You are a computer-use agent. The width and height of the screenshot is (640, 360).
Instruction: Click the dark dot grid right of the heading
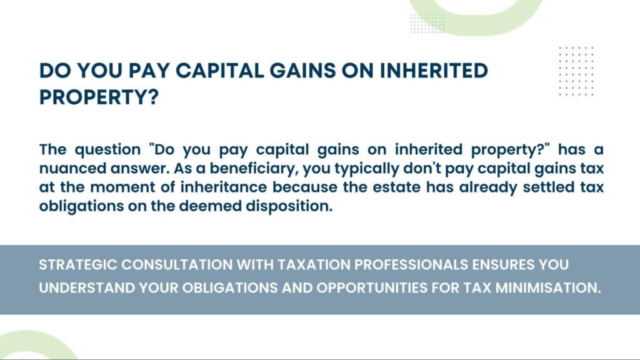point(576,71)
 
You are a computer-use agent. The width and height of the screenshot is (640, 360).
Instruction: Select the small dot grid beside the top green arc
point(427,22)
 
